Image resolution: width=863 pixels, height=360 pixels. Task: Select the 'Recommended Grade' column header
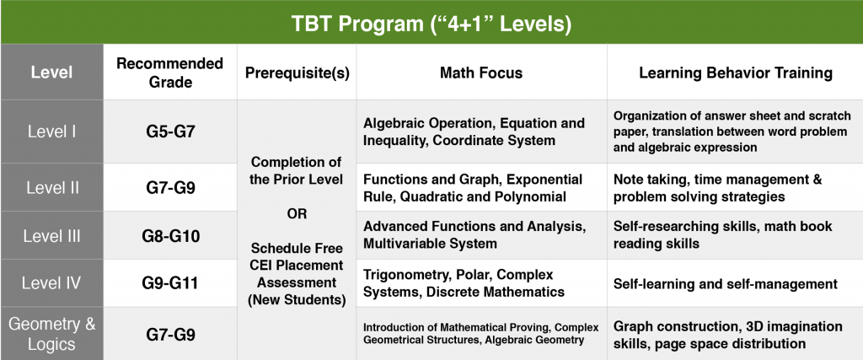tap(170, 73)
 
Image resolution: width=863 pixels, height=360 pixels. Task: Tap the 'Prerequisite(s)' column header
tap(297, 73)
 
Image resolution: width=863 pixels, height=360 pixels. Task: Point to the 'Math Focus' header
tap(481, 73)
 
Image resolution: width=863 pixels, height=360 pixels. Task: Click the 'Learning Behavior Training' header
tap(735, 73)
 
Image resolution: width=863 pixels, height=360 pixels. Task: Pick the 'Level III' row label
tap(51, 235)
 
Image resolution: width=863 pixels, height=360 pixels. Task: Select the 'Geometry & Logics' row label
tap(51, 334)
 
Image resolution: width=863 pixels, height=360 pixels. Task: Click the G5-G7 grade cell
tap(170, 132)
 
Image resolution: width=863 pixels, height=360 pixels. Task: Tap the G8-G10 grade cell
tap(170, 236)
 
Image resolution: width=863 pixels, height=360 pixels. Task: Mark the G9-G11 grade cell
tap(170, 283)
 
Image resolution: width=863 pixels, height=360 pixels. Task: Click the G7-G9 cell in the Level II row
tap(170, 188)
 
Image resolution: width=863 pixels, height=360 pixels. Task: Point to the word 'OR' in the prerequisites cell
tap(297, 213)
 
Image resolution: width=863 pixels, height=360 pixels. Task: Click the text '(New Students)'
tap(297, 300)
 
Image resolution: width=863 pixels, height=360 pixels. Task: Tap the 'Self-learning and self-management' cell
tap(726, 284)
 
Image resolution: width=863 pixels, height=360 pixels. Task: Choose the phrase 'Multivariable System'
tap(430, 243)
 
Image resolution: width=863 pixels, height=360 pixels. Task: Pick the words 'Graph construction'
tap(676, 326)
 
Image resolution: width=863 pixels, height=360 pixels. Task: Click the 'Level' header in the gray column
tap(51, 73)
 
